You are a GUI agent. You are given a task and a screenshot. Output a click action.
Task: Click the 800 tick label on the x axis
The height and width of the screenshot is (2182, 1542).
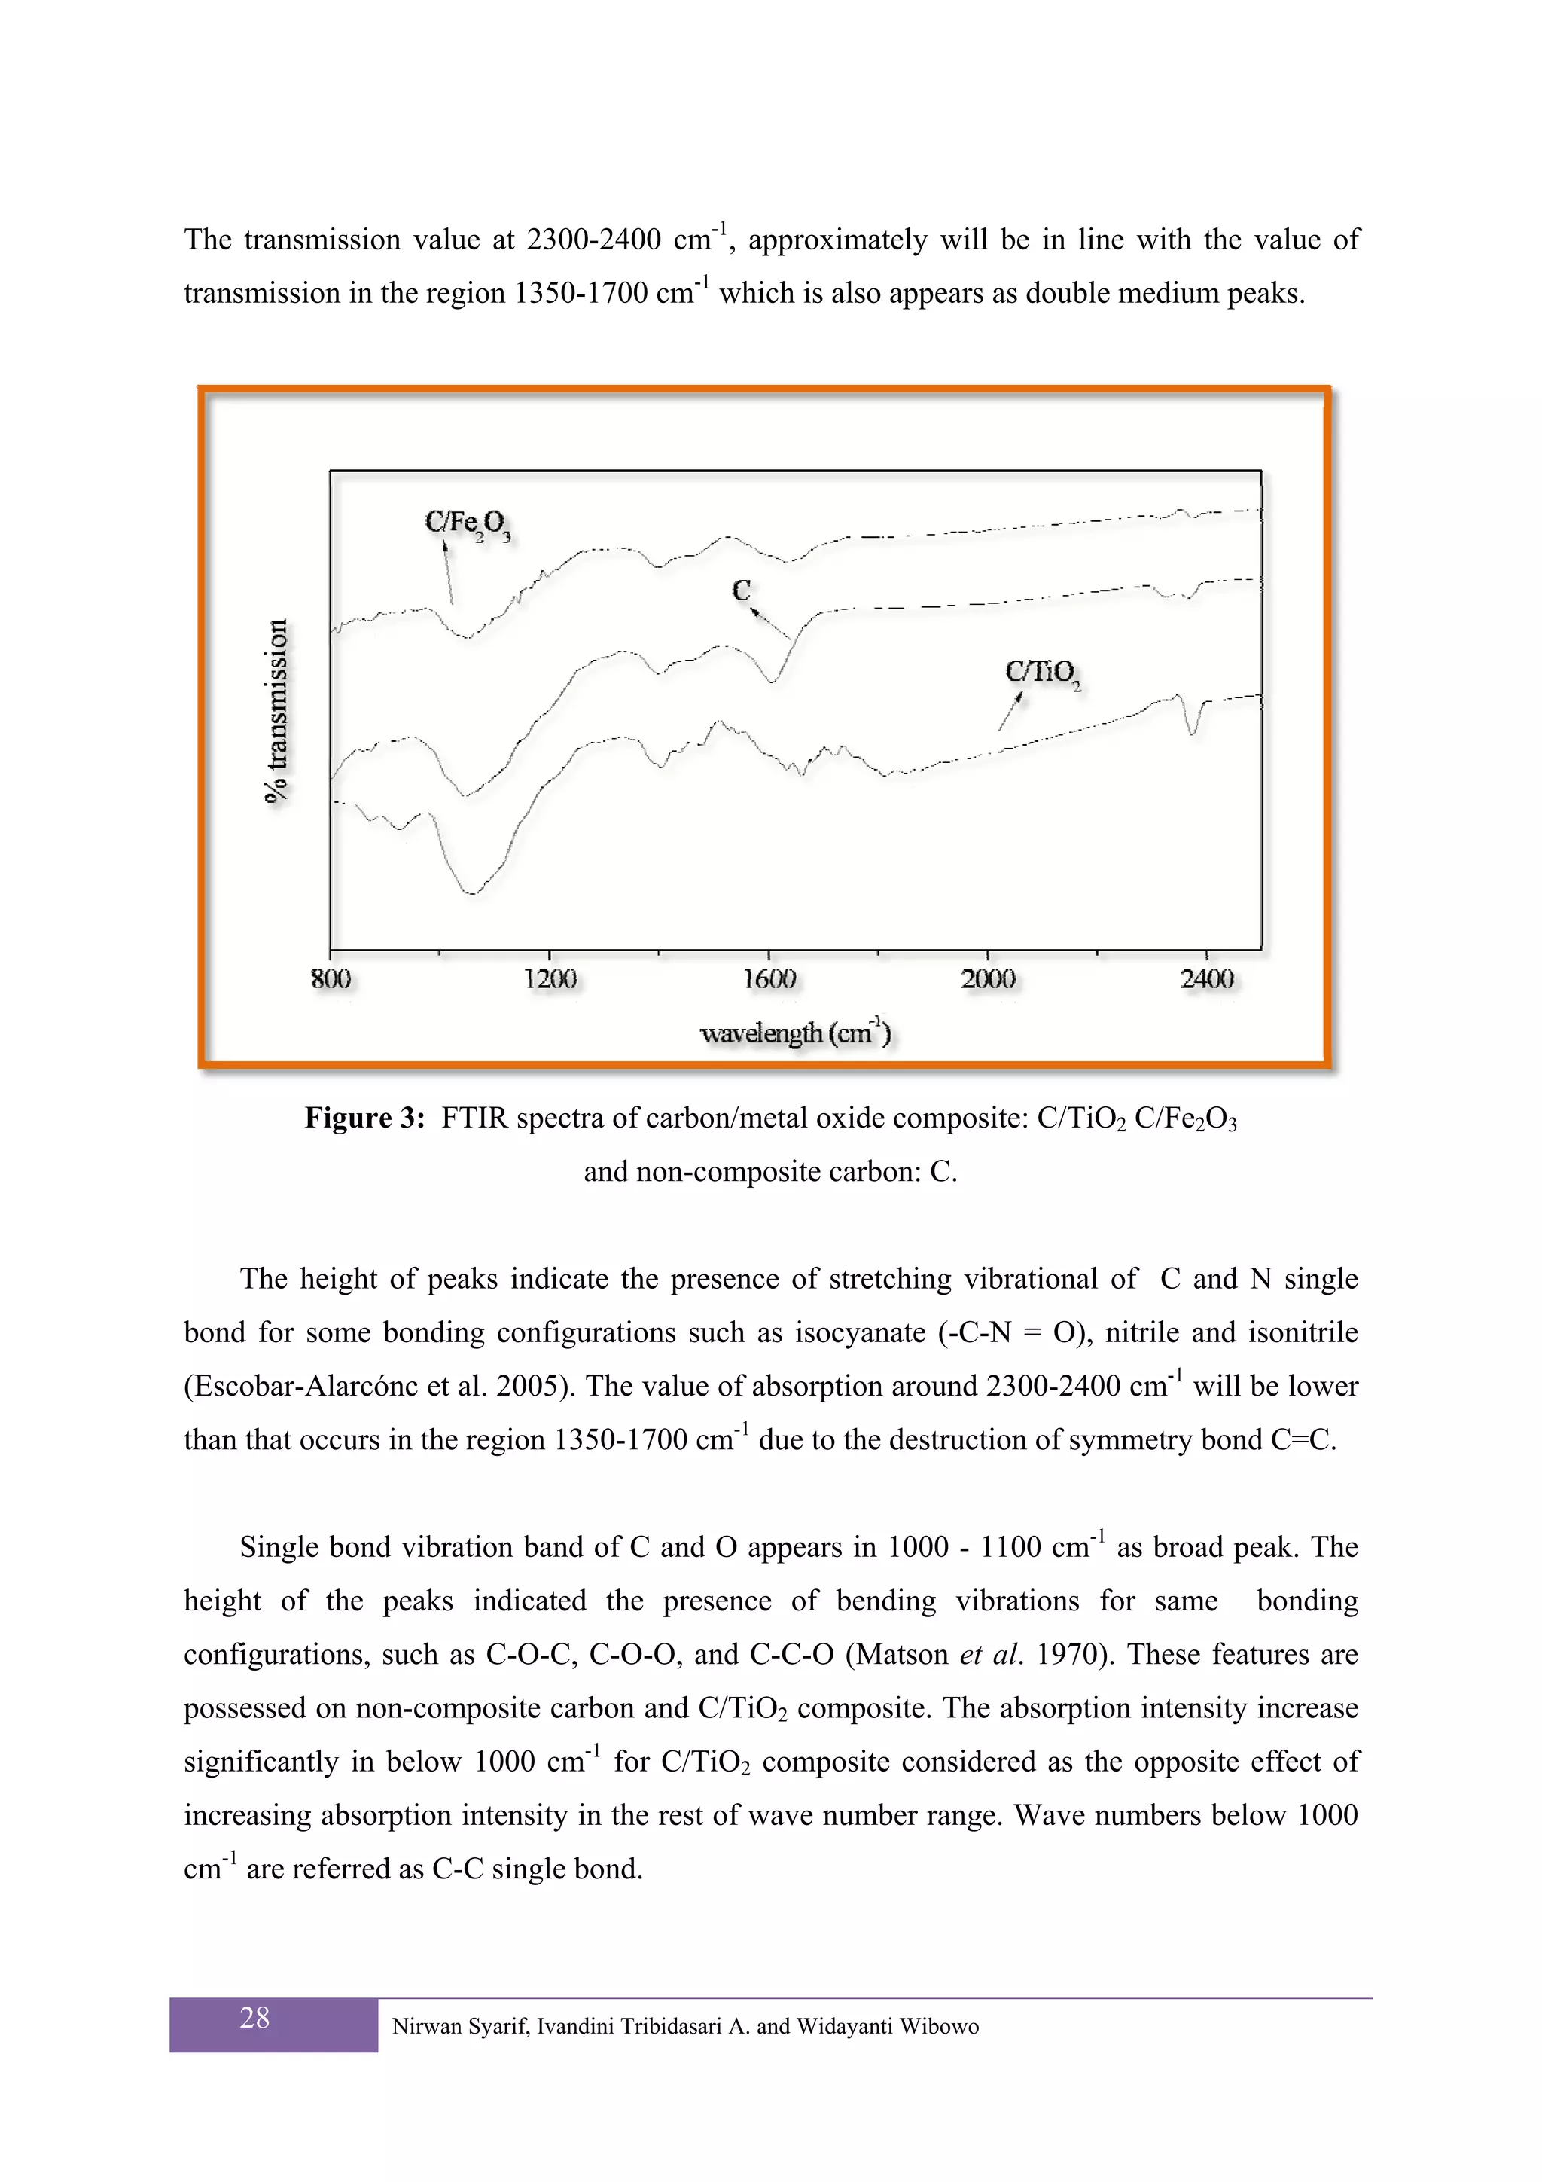[331, 979]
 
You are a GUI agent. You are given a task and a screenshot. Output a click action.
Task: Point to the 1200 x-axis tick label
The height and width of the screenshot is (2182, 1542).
[550, 979]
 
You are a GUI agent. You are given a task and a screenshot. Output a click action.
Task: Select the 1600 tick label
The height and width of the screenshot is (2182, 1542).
[769, 979]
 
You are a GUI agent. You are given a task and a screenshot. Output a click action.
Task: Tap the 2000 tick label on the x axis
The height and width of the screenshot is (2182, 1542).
[988, 979]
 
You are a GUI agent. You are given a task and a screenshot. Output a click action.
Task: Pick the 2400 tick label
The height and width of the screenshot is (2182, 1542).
[1207, 979]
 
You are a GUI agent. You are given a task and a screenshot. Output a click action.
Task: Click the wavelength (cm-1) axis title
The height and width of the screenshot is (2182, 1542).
[795, 1033]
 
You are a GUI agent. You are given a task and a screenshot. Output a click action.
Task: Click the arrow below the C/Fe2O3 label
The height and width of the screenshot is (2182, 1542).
[449, 572]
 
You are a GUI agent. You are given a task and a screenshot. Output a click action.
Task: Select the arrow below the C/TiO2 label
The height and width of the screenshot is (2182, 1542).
[1010, 711]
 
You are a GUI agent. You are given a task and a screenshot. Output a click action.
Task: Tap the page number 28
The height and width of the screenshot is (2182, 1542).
[254, 2018]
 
